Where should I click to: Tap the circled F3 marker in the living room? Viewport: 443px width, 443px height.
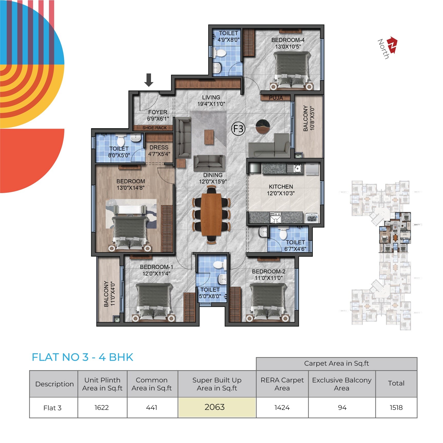[238, 129]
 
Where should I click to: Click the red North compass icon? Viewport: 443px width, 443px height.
[392, 45]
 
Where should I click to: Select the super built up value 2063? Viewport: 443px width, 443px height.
[215, 407]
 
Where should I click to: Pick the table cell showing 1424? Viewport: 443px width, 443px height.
[282, 407]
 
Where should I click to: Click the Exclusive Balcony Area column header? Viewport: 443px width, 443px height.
[341, 384]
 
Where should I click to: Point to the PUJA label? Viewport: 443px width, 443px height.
[276, 98]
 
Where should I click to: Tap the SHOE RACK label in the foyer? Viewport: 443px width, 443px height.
[155, 128]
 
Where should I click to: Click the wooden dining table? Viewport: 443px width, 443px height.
[211, 214]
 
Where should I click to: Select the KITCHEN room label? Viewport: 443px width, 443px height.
[281, 187]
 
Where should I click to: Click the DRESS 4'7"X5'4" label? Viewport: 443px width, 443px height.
[159, 151]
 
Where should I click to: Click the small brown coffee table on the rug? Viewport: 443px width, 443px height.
[209, 137]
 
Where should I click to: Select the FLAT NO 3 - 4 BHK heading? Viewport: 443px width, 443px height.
[82, 357]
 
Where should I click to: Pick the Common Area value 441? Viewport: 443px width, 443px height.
[152, 407]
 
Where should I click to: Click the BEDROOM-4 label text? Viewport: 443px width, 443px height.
[288, 40]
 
